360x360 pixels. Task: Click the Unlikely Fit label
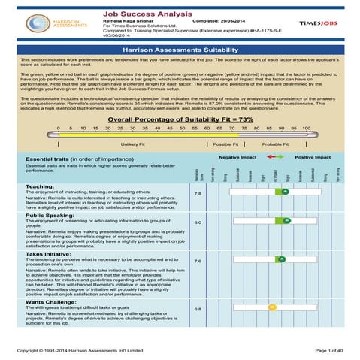pos(132,144)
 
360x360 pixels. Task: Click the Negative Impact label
pos(237,158)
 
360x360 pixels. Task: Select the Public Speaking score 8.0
pos(198,223)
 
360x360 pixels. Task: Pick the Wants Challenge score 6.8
pos(198,309)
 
